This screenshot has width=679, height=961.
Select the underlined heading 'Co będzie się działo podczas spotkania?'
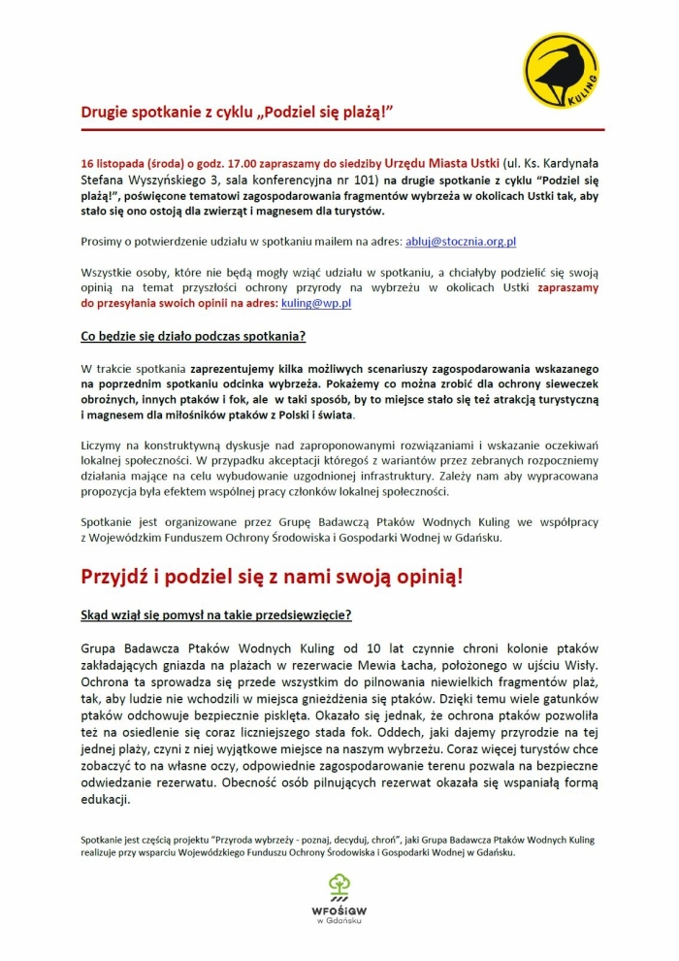(x=193, y=337)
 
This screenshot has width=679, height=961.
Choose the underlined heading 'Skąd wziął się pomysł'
(x=215, y=614)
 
